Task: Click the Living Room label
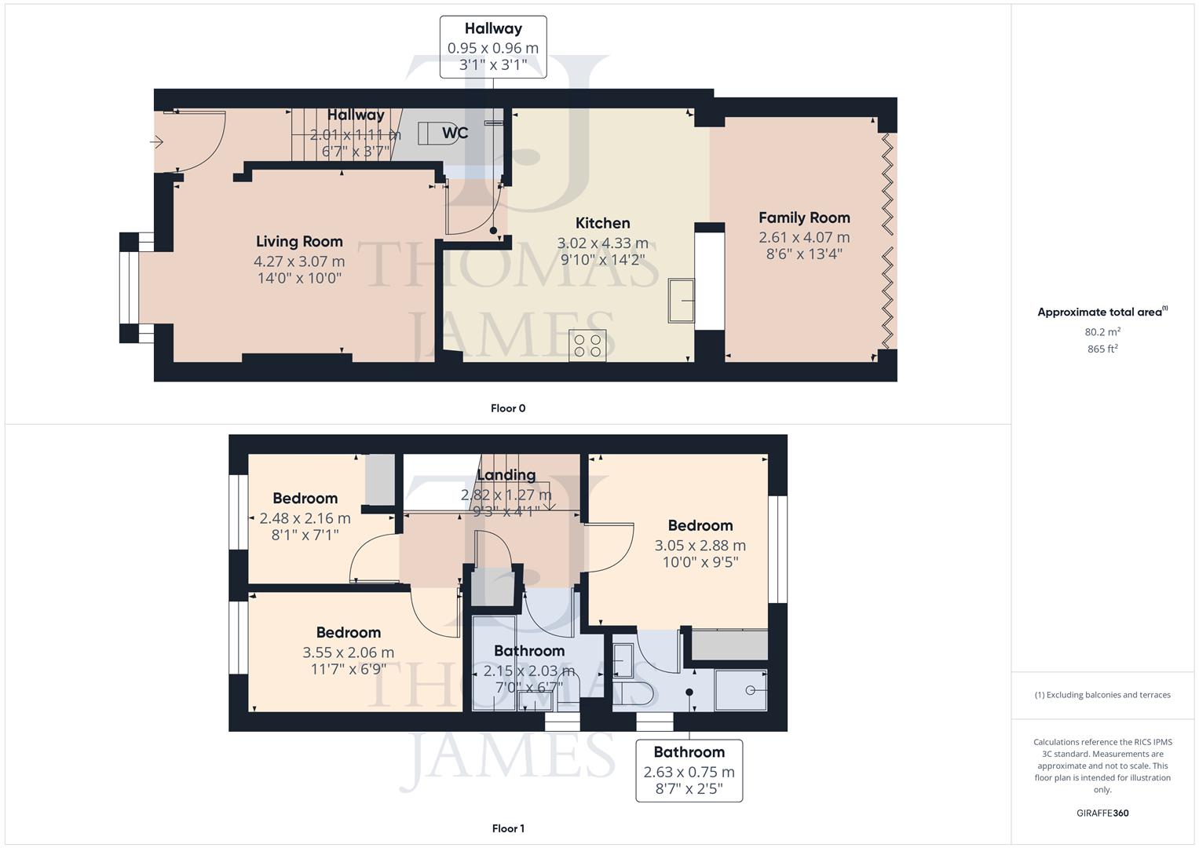click(299, 242)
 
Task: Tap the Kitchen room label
click(602, 223)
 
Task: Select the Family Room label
click(804, 217)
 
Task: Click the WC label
click(455, 133)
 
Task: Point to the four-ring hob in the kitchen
click(587, 345)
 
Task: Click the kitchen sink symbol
click(681, 300)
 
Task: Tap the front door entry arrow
click(157, 142)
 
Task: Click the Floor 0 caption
click(508, 408)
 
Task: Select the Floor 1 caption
click(508, 828)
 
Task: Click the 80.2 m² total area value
click(1102, 332)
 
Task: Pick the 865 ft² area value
click(1102, 349)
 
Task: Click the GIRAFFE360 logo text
click(1102, 813)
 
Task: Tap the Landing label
click(506, 475)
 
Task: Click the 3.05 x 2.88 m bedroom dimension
click(700, 546)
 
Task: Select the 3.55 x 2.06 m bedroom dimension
click(348, 652)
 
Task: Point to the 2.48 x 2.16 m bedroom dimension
click(305, 518)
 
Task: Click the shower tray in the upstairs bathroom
click(741, 690)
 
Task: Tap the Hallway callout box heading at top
click(492, 28)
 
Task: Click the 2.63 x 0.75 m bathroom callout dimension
click(689, 772)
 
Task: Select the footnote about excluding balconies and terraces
click(1102, 695)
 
